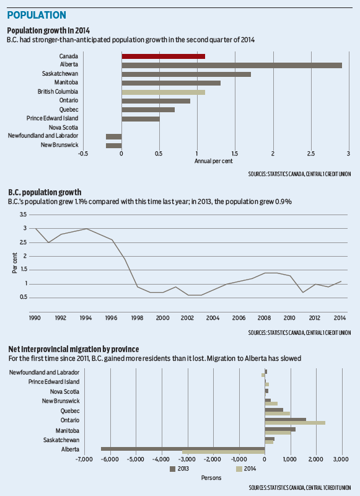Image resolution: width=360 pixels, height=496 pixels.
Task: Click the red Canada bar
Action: pyautogui.click(x=164, y=56)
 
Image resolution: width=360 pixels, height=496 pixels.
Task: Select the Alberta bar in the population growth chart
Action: pyautogui.click(x=232, y=66)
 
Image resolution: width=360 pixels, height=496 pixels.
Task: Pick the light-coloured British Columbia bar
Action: pyautogui.click(x=164, y=92)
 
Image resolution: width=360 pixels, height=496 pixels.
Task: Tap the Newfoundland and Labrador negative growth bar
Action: pyautogui.click(x=114, y=136)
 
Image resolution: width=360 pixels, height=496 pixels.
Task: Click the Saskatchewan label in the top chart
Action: pyautogui.click(x=60, y=74)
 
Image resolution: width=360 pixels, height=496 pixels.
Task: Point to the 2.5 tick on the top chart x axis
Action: pyautogui.click(x=311, y=154)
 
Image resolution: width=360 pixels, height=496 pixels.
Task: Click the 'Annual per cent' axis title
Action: pyautogui.click(x=214, y=161)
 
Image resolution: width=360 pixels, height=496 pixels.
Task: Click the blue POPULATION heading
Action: pyautogui.click(x=37, y=15)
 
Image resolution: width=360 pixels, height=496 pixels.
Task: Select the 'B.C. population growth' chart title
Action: pyautogui.click(x=45, y=192)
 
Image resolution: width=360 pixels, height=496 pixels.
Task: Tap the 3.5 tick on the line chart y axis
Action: pyautogui.click(x=23, y=215)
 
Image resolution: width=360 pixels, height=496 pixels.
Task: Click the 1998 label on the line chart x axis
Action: pyautogui.click(x=137, y=318)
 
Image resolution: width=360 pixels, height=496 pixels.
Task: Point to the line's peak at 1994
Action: pyautogui.click(x=87, y=228)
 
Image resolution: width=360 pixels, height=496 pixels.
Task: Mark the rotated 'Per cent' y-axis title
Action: pyautogui.click(x=14, y=263)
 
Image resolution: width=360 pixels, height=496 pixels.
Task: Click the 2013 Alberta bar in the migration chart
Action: pyautogui.click(x=183, y=448)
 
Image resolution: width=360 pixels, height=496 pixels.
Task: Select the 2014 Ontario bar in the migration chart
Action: pyautogui.click(x=295, y=423)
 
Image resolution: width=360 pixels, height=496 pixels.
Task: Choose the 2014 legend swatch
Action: pyautogui.click(x=239, y=469)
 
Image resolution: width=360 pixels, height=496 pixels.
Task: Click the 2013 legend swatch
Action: pyautogui.click(x=173, y=469)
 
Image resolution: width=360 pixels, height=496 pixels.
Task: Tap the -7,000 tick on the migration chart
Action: pyautogui.click(x=84, y=459)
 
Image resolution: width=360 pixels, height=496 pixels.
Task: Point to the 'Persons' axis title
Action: pyautogui.click(x=211, y=477)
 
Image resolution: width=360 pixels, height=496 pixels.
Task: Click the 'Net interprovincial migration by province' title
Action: pyautogui.click(x=74, y=349)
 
